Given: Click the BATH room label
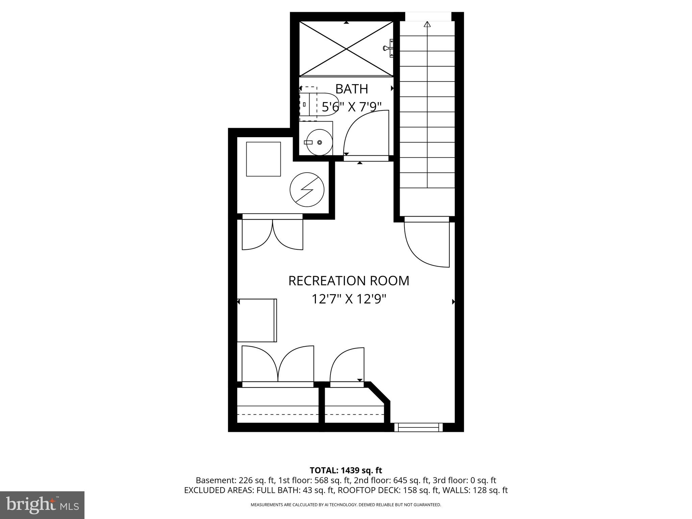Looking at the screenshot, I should (x=351, y=89).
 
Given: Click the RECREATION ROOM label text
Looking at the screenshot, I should (x=348, y=281).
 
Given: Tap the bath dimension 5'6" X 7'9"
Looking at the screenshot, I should (x=351, y=107).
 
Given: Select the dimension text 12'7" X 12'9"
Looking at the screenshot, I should (x=348, y=299).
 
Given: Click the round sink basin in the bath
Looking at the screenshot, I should (x=319, y=142).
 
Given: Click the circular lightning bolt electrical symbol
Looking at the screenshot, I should (x=307, y=190).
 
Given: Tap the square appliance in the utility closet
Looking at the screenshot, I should (x=263, y=159).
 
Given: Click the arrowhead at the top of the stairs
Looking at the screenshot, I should (x=427, y=24).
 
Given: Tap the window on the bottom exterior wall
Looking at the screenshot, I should (x=419, y=427).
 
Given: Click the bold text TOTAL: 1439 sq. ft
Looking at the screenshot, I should (x=346, y=470).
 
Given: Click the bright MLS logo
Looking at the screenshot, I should (x=42, y=505).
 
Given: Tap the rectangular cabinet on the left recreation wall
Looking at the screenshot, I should (x=257, y=320).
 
